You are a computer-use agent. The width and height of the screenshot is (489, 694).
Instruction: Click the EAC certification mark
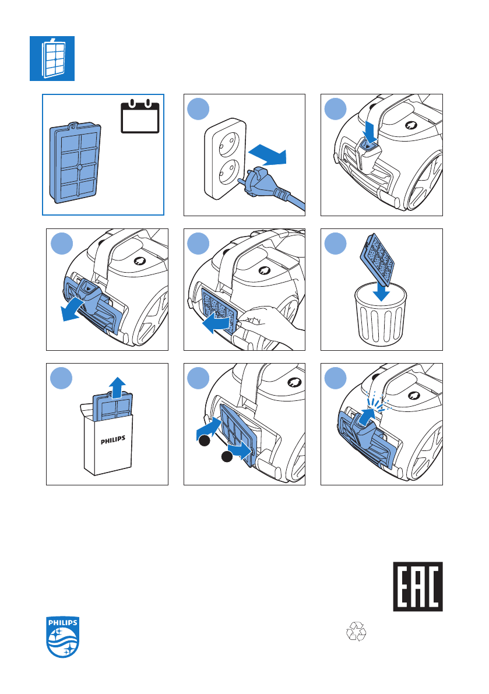(418, 586)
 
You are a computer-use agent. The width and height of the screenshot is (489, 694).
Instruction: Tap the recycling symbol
(356, 631)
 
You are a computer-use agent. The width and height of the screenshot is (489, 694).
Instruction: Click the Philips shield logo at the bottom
(63, 637)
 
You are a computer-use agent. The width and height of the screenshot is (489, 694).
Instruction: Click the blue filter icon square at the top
(52, 58)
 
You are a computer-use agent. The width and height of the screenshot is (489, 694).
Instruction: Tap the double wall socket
(225, 158)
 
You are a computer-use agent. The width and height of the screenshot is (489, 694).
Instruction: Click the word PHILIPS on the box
(113, 440)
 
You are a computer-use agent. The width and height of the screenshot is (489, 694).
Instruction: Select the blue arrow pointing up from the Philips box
(117, 388)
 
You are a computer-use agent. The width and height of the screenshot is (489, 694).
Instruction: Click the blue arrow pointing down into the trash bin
(381, 291)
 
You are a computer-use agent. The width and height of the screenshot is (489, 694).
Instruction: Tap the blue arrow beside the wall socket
(268, 154)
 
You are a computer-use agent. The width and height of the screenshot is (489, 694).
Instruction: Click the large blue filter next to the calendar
(75, 163)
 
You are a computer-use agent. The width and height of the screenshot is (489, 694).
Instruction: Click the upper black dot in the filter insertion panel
(204, 441)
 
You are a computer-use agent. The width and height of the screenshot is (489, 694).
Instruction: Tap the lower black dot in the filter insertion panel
(227, 457)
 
